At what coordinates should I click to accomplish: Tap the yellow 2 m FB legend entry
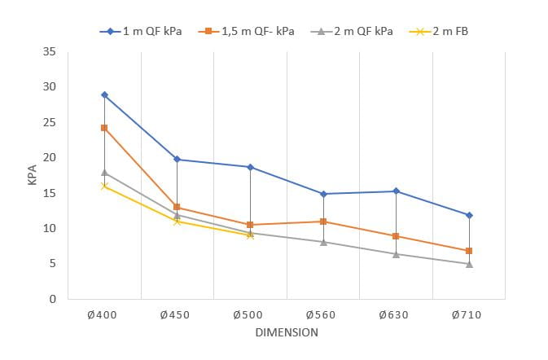click(x=445, y=31)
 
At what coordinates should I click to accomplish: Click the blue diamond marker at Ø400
click(x=104, y=95)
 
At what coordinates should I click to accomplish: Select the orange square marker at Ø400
click(x=104, y=128)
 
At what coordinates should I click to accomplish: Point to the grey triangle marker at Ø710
click(x=469, y=264)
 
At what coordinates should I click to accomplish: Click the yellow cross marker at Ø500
click(x=250, y=235)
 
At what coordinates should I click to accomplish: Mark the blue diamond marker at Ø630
click(x=396, y=191)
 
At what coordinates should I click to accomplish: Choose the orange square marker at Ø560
click(x=323, y=222)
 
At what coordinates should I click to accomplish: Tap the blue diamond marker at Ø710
click(x=469, y=215)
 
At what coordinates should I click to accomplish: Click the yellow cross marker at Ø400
click(x=104, y=187)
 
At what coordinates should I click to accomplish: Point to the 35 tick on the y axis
click(x=50, y=51)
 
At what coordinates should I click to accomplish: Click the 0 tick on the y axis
click(x=53, y=299)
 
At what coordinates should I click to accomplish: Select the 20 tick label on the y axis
click(x=50, y=157)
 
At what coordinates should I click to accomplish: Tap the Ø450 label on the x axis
click(x=177, y=314)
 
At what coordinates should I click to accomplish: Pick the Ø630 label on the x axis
click(x=396, y=314)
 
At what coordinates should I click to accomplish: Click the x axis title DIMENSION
click(x=286, y=332)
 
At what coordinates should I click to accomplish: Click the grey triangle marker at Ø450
click(x=177, y=215)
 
